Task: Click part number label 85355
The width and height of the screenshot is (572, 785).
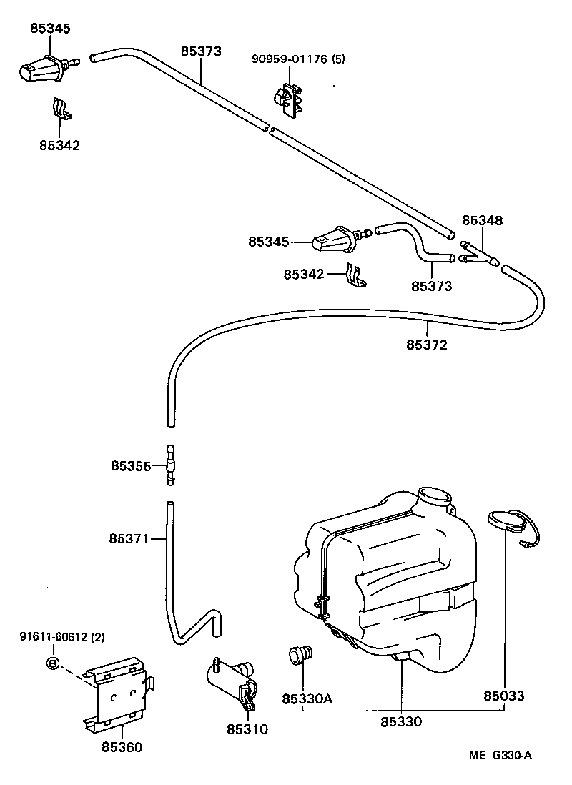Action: tap(130, 466)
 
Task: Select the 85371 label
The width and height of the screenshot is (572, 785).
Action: tap(129, 538)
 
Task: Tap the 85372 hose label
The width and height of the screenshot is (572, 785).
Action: tap(427, 345)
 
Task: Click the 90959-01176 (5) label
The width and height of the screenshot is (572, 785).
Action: tap(297, 59)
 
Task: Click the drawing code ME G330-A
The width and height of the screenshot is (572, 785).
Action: tap(500, 756)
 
